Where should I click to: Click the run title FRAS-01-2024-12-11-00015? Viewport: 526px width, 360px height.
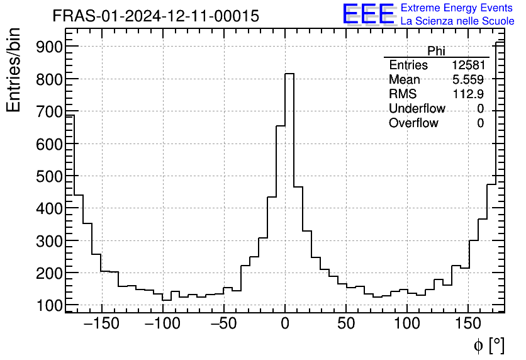(x=155, y=16)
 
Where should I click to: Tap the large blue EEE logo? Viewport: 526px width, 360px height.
(x=369, y=14)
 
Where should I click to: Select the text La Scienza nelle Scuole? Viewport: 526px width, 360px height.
(x=457, y=21)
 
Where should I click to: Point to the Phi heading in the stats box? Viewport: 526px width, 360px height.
(x=436, y=51)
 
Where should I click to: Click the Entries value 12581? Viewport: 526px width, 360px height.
(x=467, y=65)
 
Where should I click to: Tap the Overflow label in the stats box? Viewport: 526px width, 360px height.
(x=413, y=123)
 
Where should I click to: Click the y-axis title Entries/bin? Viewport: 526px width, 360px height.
(x=14, y=70)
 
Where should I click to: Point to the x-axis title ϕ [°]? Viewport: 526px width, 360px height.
(x=488, y=346)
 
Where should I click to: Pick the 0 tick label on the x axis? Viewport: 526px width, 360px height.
(x=285, y=325)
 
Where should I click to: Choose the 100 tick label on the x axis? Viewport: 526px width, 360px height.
(x=407, y=325)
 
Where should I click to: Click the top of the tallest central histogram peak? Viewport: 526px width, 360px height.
(x=289, y=74)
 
